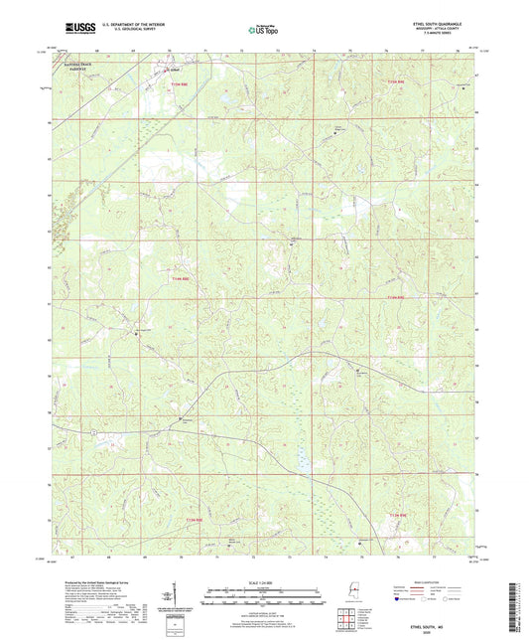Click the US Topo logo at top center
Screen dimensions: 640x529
pyautogui.click(x=262, y=31)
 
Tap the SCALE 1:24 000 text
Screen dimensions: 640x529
pyautogui.click(x=264, y=581)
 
